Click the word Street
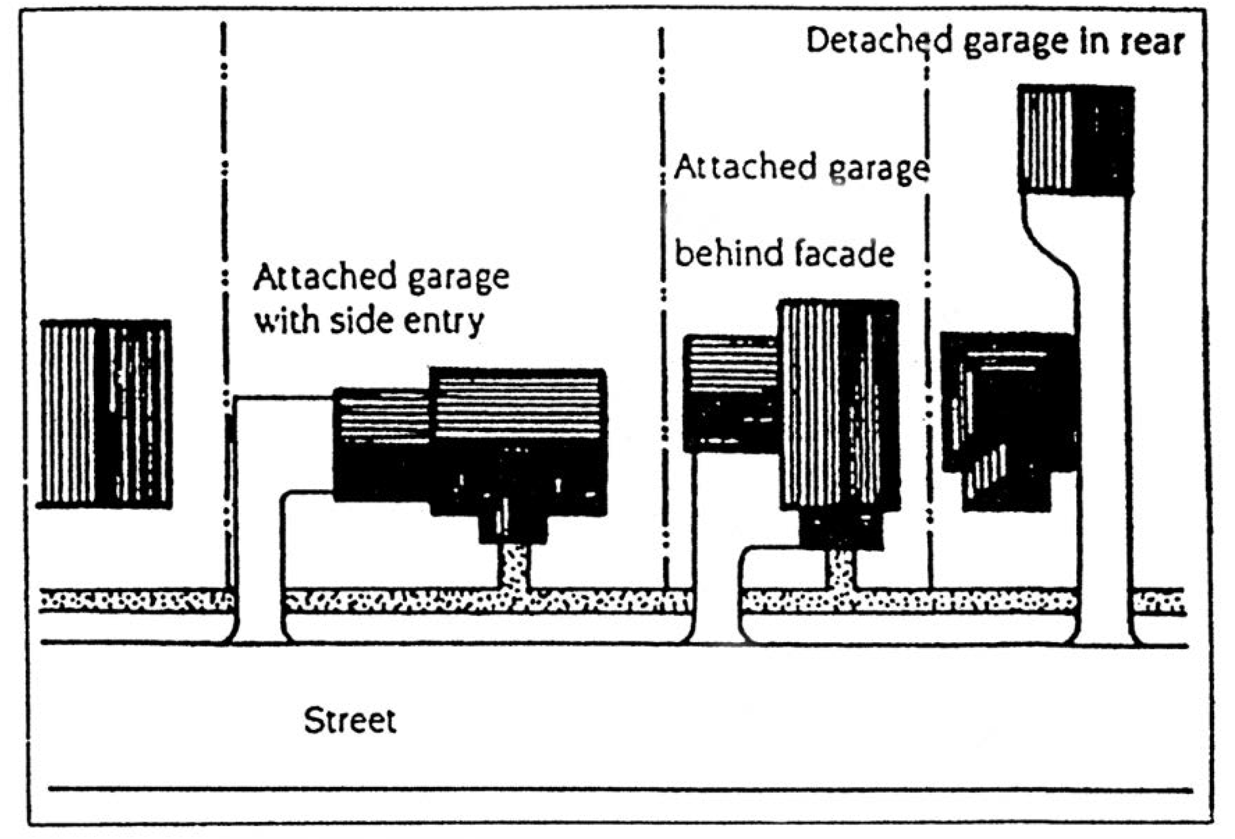350,722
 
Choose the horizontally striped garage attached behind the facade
730,393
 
